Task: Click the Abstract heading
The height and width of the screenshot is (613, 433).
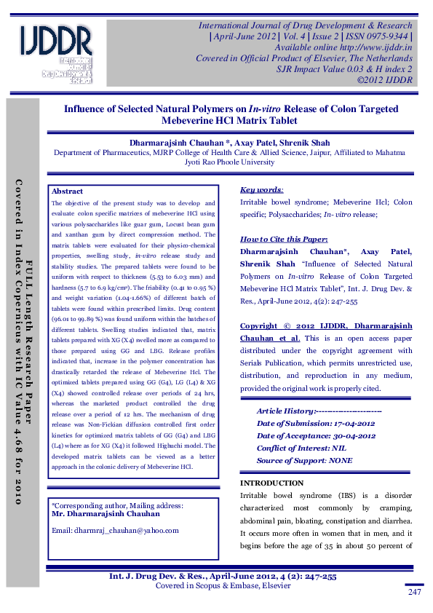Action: point(68,191)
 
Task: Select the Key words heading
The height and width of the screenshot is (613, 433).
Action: point(261,189)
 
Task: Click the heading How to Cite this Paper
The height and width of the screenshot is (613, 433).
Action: point(284,239)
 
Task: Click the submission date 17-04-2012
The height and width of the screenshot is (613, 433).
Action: point(353,424)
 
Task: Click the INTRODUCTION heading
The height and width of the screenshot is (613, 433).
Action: point(271,483)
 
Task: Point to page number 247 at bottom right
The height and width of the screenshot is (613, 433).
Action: point(415,593)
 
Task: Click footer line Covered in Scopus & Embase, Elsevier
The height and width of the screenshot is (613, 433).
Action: point(223,585)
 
